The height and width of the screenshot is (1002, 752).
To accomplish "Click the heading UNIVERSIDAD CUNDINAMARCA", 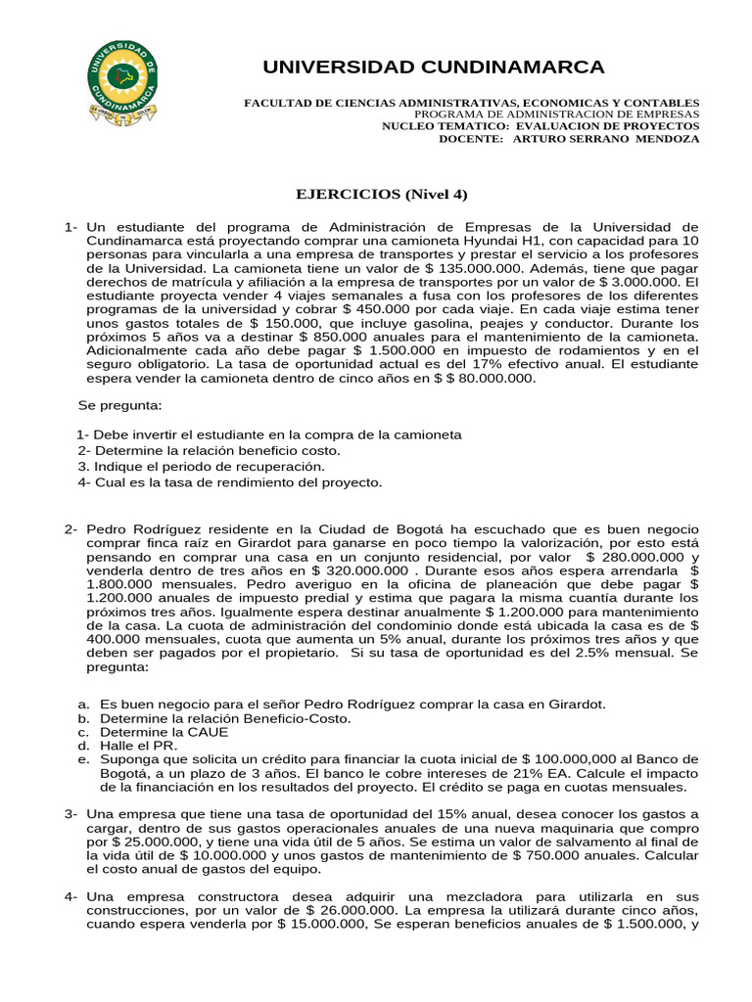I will [433, 67].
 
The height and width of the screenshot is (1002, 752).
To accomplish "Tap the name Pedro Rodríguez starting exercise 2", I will [142, 528].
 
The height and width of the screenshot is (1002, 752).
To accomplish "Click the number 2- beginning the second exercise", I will [71, 528].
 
